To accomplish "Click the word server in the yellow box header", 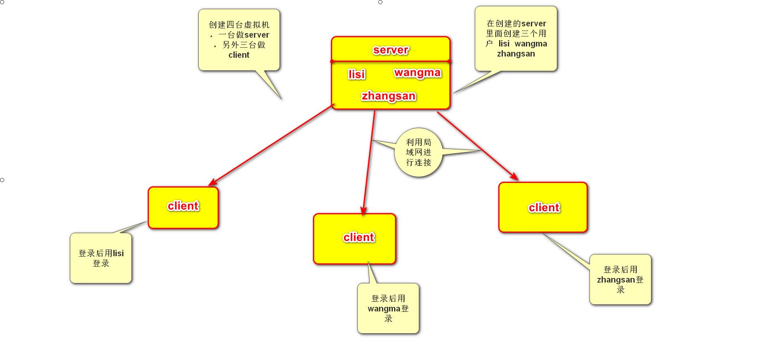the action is tap(391, 50).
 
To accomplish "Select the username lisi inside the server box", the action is tap(356, 74).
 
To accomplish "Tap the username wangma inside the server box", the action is tap(418, 72).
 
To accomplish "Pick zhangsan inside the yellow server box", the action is tap(389, 96).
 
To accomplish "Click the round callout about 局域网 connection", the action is tap(418, 152).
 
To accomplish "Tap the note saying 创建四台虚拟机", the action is tap(239, 40).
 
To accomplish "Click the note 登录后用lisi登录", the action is tap(101, 258).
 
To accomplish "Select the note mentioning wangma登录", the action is tap(388, 309).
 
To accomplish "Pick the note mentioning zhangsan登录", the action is tap(620, 279).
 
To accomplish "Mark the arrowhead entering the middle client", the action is tap(364, 212).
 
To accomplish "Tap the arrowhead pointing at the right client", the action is tap(515, 177).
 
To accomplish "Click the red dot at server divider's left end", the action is tap(332, 62).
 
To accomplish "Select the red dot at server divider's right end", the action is tap(449, 62).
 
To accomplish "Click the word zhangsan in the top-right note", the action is tap(516, 54).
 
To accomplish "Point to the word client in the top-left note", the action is tap(239, 55).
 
